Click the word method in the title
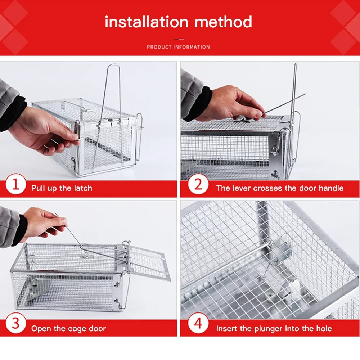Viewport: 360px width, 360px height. click(223, 22)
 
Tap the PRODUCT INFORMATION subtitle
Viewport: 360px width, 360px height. click(178, 47)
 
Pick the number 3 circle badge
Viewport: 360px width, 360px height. click(15, 323)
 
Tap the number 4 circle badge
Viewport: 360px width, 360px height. click(198, 323)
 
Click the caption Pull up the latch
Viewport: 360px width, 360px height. click(62, 188)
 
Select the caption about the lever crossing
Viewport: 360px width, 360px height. click(280, 188)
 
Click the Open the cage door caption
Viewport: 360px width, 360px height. click(68, 328)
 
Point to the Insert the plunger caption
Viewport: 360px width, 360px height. click(274, 328)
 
